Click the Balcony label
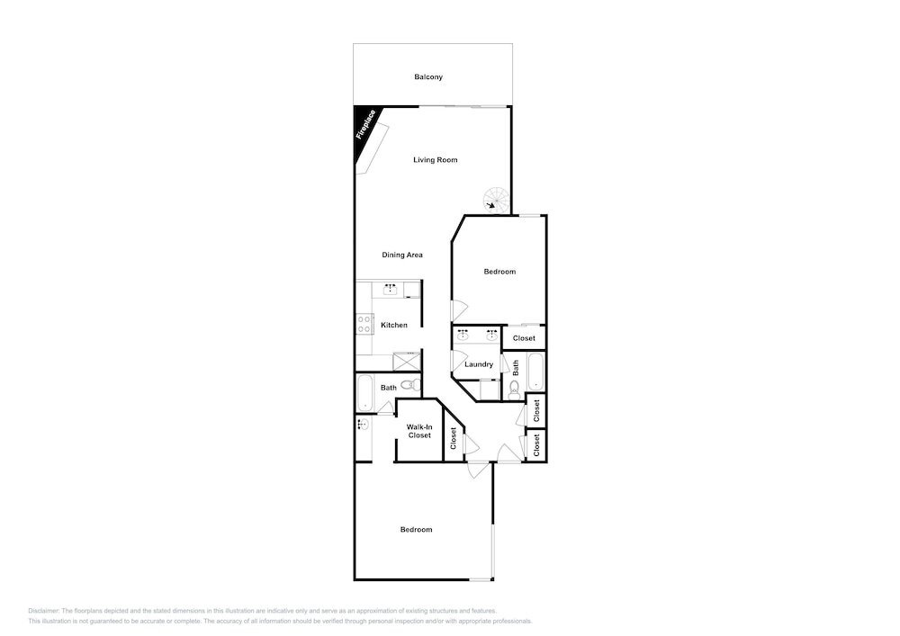[428, 76]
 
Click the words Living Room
[435, 160]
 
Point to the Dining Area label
[402, 255]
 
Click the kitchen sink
[391, 289]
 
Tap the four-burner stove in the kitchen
[364, 325]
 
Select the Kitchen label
[394, 325]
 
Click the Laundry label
[479, 364]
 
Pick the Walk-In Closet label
[419, 431]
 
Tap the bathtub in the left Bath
[365, 393]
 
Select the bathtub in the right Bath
[535, 372]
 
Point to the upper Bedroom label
[499, 272]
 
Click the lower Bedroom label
[416, 529]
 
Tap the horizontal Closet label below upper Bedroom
[524, 338]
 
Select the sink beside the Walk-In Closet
[363, 425]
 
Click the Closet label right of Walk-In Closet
[454, 439]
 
